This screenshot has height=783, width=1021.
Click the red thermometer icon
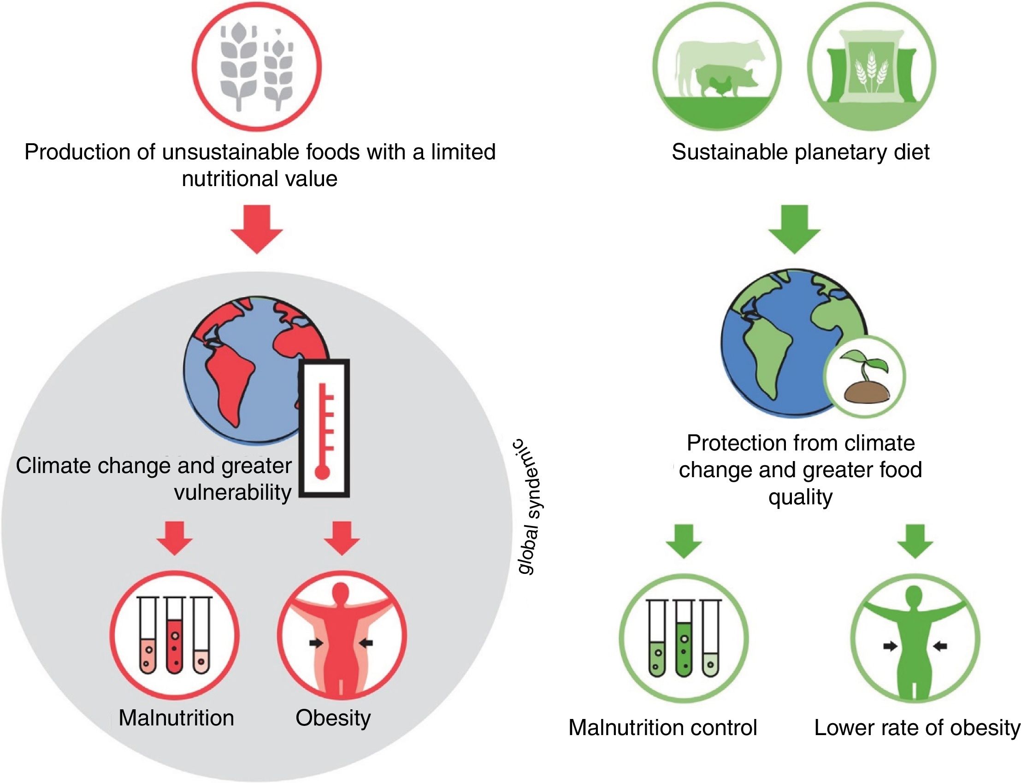click(324, 428)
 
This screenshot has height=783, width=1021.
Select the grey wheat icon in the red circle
click(257, 68)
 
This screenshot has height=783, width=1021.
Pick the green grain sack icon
click(871, 68)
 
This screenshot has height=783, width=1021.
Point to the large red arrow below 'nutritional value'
click(257, 229)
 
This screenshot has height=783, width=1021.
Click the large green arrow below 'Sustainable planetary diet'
click(794, 229)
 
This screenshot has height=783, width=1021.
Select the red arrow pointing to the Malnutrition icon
click(174, 538)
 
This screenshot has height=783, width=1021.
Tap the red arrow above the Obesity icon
click(342, 538)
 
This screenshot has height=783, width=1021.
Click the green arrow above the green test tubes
click(684, 541)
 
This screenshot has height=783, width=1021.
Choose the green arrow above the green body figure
click(915, 541)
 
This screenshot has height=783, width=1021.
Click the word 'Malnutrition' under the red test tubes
click(176, 718)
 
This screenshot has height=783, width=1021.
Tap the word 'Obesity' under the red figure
click(333, 718)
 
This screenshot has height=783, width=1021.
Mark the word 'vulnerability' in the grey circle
click(233, 492)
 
